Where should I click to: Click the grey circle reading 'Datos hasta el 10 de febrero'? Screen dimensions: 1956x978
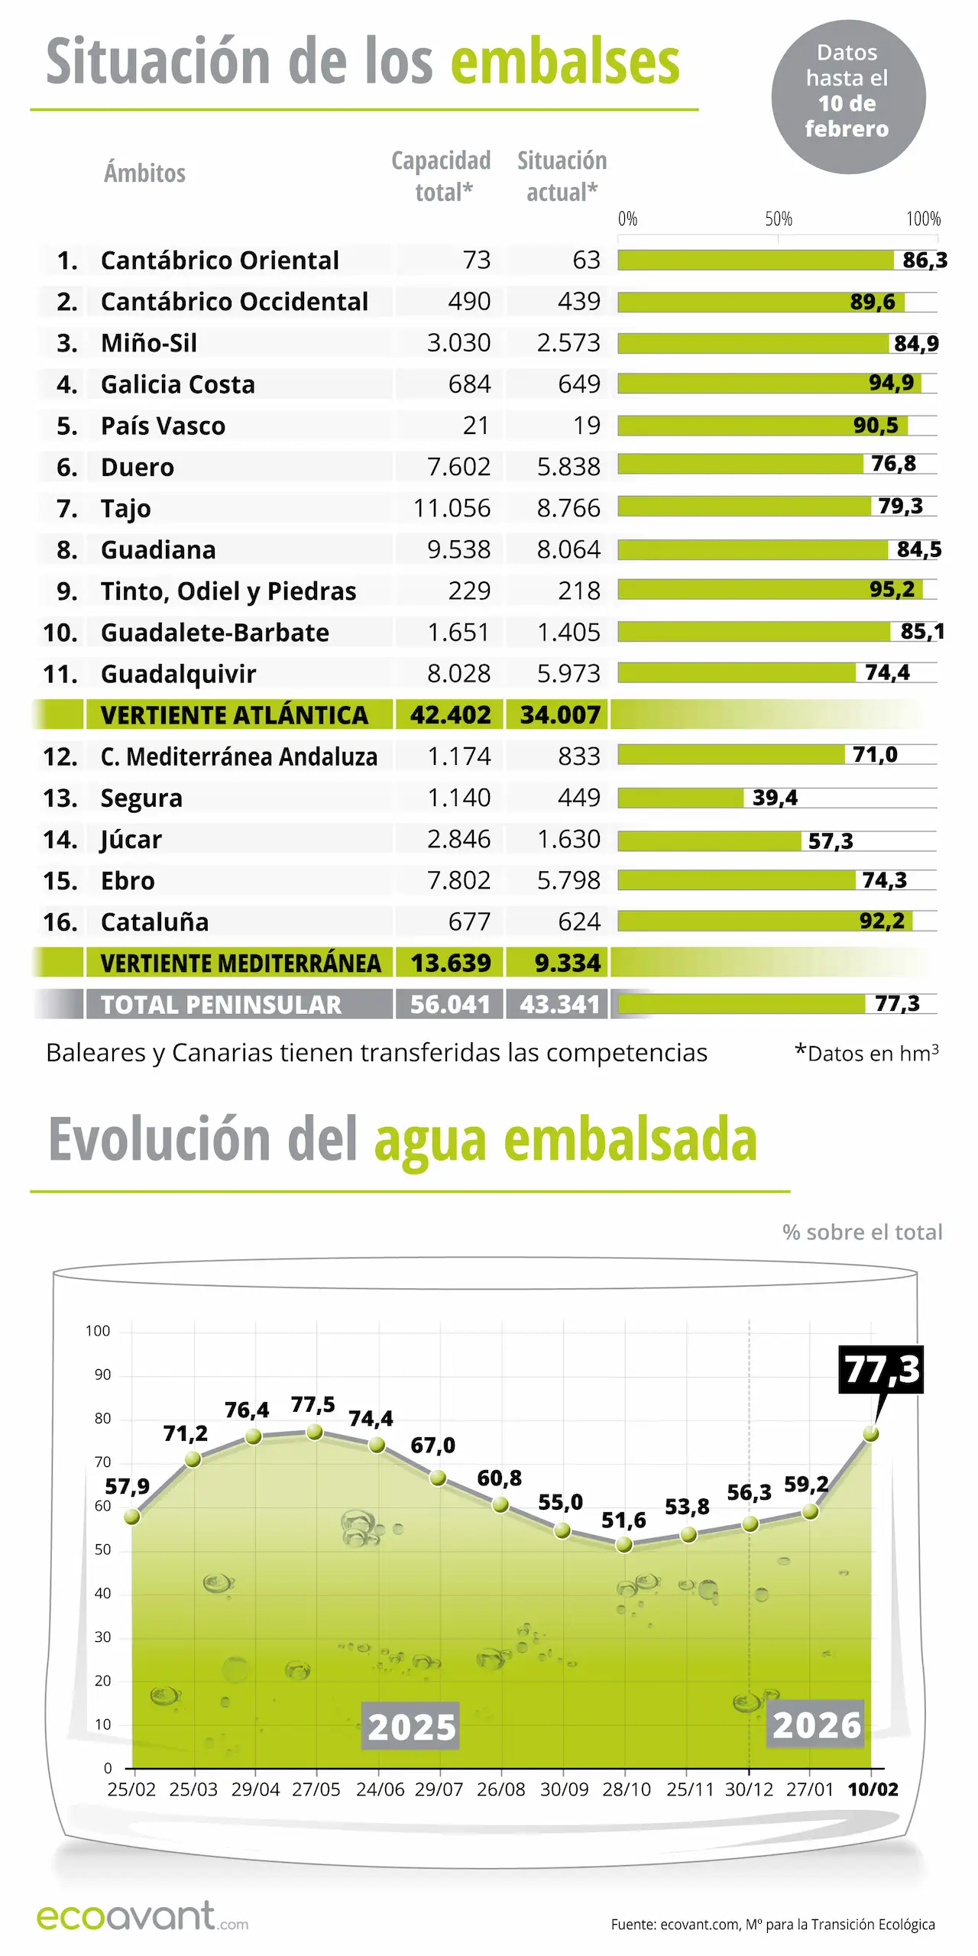pyautogui.click(x=848, y=97)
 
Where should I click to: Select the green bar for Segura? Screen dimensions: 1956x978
pyautogui.click(x=680, y=798)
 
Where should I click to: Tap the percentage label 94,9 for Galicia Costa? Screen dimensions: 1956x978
pyautogui.click(x=891, y=383)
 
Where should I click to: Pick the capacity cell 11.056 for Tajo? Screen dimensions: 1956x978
pyautogui.click(x=452, y=508)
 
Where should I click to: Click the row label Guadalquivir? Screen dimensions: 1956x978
pyautogui.click(x=178, y=674)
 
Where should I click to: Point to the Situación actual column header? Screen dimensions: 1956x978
pyautogui.click(x=562, y=176)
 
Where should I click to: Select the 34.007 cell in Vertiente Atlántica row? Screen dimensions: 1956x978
pyautogui.click(x=559, y=715)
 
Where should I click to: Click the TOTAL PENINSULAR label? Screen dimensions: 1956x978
pyautogui.click(x=221, y=1005)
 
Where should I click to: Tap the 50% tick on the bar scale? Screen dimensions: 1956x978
pyautogui.click(x=778, y=219)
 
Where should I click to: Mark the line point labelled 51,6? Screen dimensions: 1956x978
pyautogui.click(x=624, y=1545)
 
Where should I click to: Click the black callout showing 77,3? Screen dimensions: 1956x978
pyautogui.click(x=881, y=1369)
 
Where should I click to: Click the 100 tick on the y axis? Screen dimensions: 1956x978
pyautogui.click(x=98, y=1331)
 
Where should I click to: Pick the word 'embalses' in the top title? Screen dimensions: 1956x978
pyautogui.click(x=565, y=63)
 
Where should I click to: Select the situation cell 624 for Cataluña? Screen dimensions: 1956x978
pyautogui.click(x=578, y=922)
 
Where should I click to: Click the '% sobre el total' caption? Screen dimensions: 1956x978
pyautogui.click(x=862, y=1232)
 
